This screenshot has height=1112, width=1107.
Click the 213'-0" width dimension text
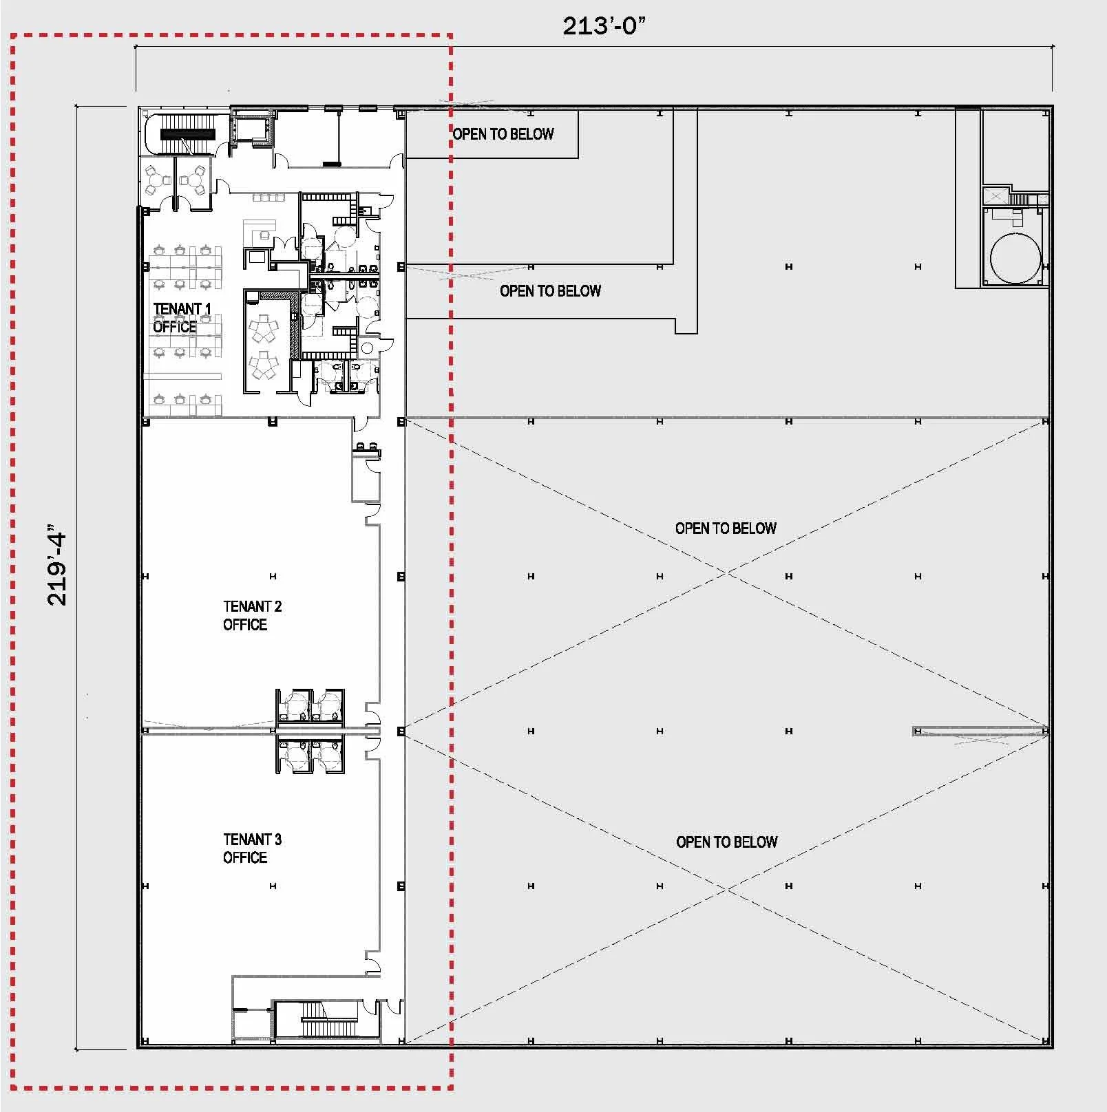coord(604,26)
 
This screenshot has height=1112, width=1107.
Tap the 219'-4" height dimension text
coord(57,568)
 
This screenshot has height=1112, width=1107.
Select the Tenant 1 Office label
coord(182,317)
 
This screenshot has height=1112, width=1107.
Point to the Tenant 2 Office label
coord(252,615)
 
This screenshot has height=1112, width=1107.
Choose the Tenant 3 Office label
coord(252,848)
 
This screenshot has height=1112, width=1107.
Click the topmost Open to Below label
coord(503,134)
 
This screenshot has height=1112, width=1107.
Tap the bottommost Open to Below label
coord(727,842)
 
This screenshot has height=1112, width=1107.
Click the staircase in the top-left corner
coord(187,135)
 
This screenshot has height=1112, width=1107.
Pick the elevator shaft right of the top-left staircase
coord(252,129)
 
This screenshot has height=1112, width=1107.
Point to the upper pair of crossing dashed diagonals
coord(726,573)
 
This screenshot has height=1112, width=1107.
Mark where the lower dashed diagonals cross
coord(726,889)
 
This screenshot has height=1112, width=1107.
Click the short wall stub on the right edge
coord(981,731)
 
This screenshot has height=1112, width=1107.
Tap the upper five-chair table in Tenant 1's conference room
coord(262,330)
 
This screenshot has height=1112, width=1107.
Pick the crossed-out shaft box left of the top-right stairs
coord(995,197)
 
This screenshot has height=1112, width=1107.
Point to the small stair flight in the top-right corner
coord(1019,200)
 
